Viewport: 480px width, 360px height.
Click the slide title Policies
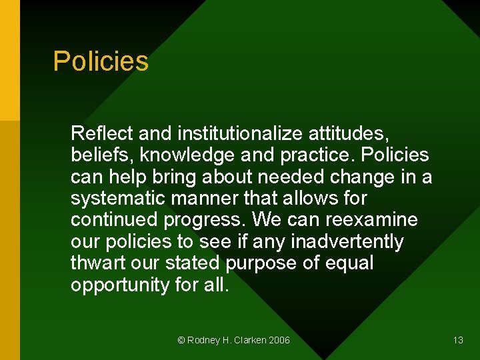[x=101, y=61]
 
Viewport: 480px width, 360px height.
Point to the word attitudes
[x=348, y=134]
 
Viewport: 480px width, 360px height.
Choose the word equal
[x=349, y=263]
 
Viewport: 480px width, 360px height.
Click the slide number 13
[x=458, y=340]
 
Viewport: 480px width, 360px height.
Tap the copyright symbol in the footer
[x=181, y=340]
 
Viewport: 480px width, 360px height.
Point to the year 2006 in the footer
[x=279, y=340]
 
